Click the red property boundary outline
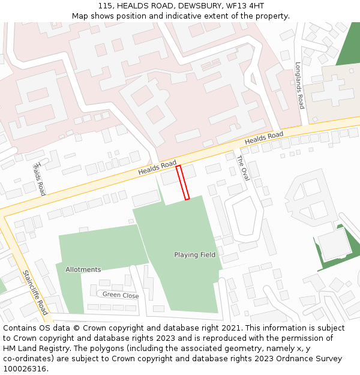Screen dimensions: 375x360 click(183, 182)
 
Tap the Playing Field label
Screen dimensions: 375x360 click(194, 255)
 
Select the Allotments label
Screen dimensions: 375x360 click(83, 269)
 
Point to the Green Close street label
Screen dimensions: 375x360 click(120, 295)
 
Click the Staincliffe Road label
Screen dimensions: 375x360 click(35, 292)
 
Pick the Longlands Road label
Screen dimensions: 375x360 click(299, 86)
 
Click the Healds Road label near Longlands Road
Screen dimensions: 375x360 click(264, 139)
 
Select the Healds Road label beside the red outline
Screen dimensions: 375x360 click(157, 168)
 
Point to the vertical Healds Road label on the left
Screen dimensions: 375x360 click(40, 179)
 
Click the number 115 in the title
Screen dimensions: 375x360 click(106, 5)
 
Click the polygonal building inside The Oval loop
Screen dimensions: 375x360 click(244, 216)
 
